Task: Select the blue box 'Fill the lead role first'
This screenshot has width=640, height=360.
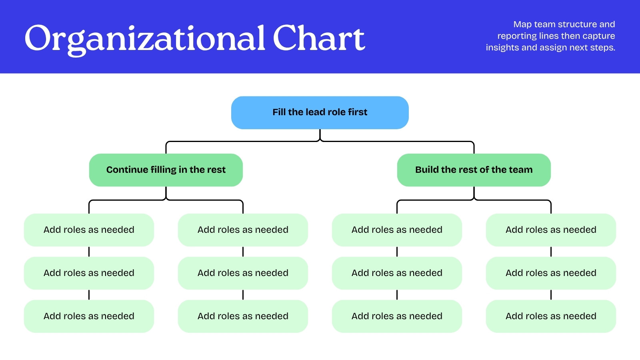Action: (x=320, y=112)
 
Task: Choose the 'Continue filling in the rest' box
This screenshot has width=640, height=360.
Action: (x=166, y=170)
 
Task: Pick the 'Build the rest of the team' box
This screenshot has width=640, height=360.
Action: (x=474, y=170)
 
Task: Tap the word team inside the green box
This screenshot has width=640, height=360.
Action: (x=522, y=170)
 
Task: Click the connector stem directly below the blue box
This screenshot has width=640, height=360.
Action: (x=320, y=134)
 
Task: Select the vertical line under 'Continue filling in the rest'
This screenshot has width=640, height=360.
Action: (x=166, y=193)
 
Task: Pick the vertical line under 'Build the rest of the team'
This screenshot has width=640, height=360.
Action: (x=474, y=193)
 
